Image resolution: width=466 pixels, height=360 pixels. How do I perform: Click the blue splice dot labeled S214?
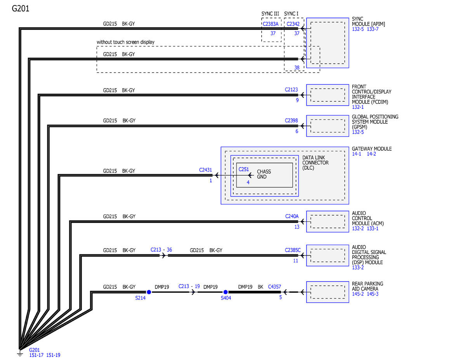pos(149,292)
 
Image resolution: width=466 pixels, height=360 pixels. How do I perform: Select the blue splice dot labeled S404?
pos(225,292)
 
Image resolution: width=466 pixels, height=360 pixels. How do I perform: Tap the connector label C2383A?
pos(270,24)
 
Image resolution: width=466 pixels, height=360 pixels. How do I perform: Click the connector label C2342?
pos(293,24)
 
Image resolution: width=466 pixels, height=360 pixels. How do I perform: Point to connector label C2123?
pos(291,90)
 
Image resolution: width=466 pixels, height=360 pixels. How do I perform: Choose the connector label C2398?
pos(291,120)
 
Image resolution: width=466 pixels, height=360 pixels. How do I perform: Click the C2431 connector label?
pos(205,170)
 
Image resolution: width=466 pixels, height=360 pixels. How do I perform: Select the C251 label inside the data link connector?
pos(243,169)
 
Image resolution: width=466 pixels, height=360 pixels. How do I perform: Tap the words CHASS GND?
pos(264,174)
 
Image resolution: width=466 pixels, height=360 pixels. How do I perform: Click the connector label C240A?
pos(292,216)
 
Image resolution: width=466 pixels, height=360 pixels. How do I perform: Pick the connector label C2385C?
pos(292,250)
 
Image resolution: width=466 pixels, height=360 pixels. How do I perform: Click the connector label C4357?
pos(274,287)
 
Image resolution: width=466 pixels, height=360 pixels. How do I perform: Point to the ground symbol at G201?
pos(20,353)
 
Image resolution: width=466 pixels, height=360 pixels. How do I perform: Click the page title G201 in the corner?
pos(20,9)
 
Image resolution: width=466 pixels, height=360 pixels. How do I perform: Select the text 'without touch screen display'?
pos(125,42)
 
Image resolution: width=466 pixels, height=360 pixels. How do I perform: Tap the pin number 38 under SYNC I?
pos(297,68)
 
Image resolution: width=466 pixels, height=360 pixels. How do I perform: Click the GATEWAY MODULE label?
pos(372,149)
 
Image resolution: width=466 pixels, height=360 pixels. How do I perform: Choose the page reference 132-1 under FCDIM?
pos(358,107)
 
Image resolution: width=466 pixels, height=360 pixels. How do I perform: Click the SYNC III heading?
pos(270,14)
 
